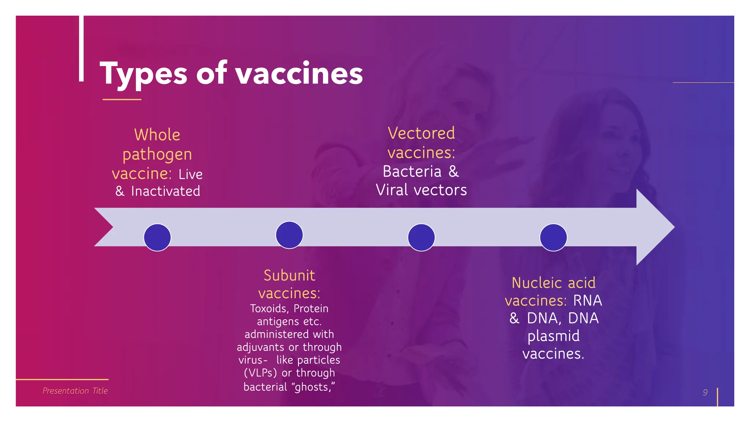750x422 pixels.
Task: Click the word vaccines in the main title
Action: tap(299, 74)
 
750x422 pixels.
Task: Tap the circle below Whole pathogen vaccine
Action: tap(157, 237)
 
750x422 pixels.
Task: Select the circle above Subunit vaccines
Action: tap(289, 235)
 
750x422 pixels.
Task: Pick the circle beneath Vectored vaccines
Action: tap(421, 237)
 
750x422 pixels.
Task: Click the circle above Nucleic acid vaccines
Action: tap(553, 237)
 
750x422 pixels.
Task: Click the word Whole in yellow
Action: tap(157, 135)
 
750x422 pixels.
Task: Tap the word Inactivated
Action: tap(166, 191)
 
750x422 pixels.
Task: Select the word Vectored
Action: tap(421, 133)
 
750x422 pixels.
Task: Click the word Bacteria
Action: tap(412, 171)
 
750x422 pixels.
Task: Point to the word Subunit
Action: tap(289, 275)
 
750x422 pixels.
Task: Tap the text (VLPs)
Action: tap(260, 373)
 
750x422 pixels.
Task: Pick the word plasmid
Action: tap(553, 336)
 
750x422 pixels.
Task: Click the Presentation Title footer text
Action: tap(75, 391)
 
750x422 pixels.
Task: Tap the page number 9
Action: tap(705, 392)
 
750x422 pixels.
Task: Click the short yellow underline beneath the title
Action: tap(122, 99)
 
